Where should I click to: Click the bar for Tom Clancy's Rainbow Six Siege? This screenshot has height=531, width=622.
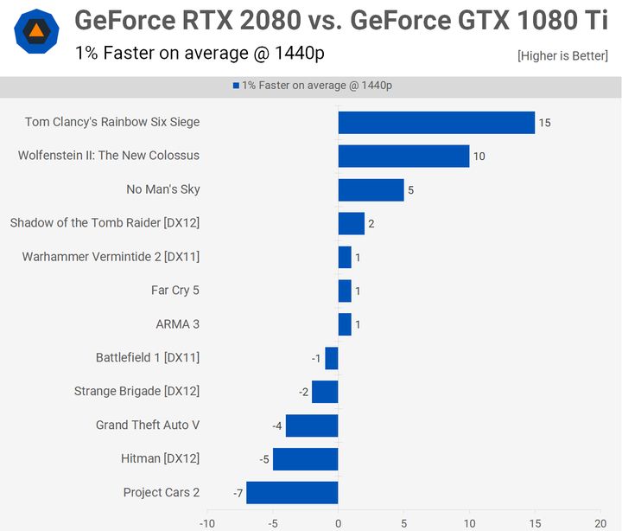click(x=436, y=123)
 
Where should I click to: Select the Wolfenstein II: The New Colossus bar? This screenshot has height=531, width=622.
click(x=403, y=156)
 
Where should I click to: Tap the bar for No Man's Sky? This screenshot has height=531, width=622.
click(x=371, y=189)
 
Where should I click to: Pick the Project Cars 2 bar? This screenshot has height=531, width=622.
click(x=292, y=493)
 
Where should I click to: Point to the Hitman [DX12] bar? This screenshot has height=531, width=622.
click(x=305, y=459)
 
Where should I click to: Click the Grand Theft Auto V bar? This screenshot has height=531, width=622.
click(x=312, y=425)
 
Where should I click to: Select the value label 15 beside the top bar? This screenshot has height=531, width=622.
click(x=544, y=123)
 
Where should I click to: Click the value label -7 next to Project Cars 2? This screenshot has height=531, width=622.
click(x=238, y=493)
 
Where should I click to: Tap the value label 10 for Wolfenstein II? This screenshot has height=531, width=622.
click(x=479, y=157)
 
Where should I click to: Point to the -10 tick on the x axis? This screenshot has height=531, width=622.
click(x=207, y=523)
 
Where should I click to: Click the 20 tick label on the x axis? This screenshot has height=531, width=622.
click(x=600, y=523)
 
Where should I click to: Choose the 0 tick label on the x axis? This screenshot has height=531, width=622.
click(x=338, y=523)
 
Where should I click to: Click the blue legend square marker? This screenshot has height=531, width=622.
click(x=235, y=86)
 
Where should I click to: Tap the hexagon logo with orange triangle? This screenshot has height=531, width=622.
click(x=37, y=32)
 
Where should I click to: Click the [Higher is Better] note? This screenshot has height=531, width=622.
click(x=562, y=56)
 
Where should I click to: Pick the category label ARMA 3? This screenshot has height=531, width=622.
click(x=177, y=324)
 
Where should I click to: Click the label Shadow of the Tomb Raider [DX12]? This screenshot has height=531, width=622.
click(x=105, y=223)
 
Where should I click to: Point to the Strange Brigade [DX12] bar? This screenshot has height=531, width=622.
click(x=325, y=392)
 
